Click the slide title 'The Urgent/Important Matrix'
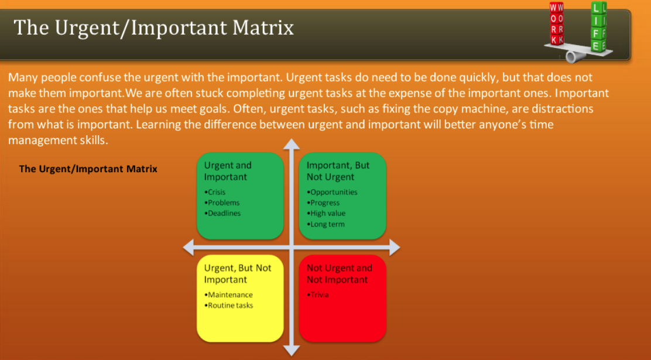point(153,28)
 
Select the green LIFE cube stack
point(599,27)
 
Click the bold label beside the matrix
point(88,169)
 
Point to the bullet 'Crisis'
point(216,192)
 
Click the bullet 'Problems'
point(223,203)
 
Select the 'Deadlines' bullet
point(224,213)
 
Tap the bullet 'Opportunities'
point(333,192)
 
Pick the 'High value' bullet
point(327,213)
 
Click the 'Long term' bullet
point(327,224)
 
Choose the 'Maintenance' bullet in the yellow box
point(229,295)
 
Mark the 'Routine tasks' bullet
point(230,306)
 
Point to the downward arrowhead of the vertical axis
point(291,350)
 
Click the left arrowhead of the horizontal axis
point(189,248)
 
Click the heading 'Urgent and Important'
point(228,171)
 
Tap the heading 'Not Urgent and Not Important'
point(339,274)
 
